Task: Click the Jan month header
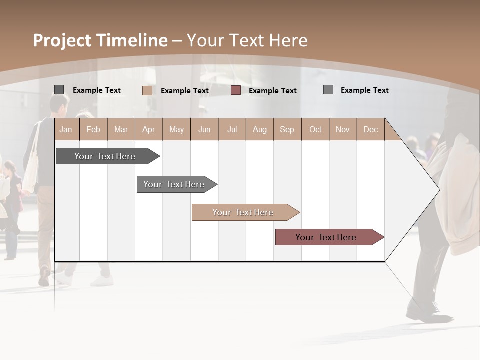[x=66, y=129]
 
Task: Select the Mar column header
[x=121, y=129]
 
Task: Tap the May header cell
[x=176, y=129]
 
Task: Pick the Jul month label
[x=232, y=129]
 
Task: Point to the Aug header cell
[x=259, y=129]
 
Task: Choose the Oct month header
[x=315, y=129]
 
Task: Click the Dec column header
[x=370, y=129]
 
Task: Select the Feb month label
[x=93, y=129]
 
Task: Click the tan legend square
[x=147, y=90]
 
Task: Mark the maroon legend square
[x=236, y=90]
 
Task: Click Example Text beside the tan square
[x=184, y=91]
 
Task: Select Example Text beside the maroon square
[x=272, y=91]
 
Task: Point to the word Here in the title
[x=288, y=41]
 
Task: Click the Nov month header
[x=343, y=129]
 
